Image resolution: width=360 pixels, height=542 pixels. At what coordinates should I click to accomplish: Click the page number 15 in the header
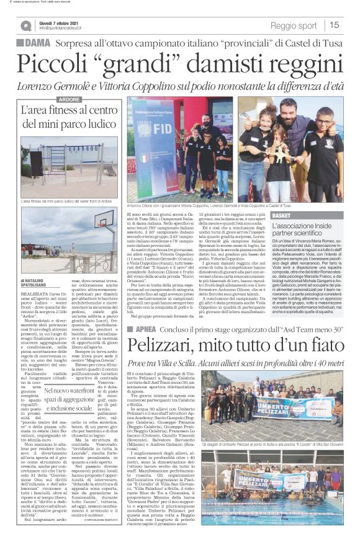335,25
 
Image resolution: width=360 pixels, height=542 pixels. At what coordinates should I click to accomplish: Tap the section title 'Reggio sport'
294,25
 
